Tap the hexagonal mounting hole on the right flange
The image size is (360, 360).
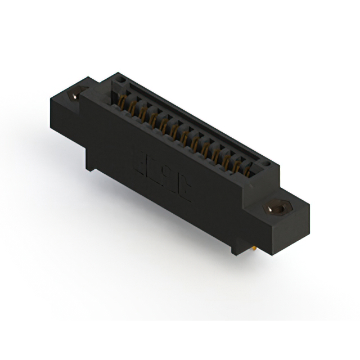point(277,209)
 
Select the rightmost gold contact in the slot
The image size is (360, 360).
point(247,167)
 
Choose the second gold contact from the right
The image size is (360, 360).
point(236,162)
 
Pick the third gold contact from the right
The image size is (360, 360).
point(226,156)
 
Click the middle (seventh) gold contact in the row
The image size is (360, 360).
point(184,134)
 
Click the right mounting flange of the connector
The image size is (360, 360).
point(281,222)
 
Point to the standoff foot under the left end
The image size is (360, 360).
point(91,165)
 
